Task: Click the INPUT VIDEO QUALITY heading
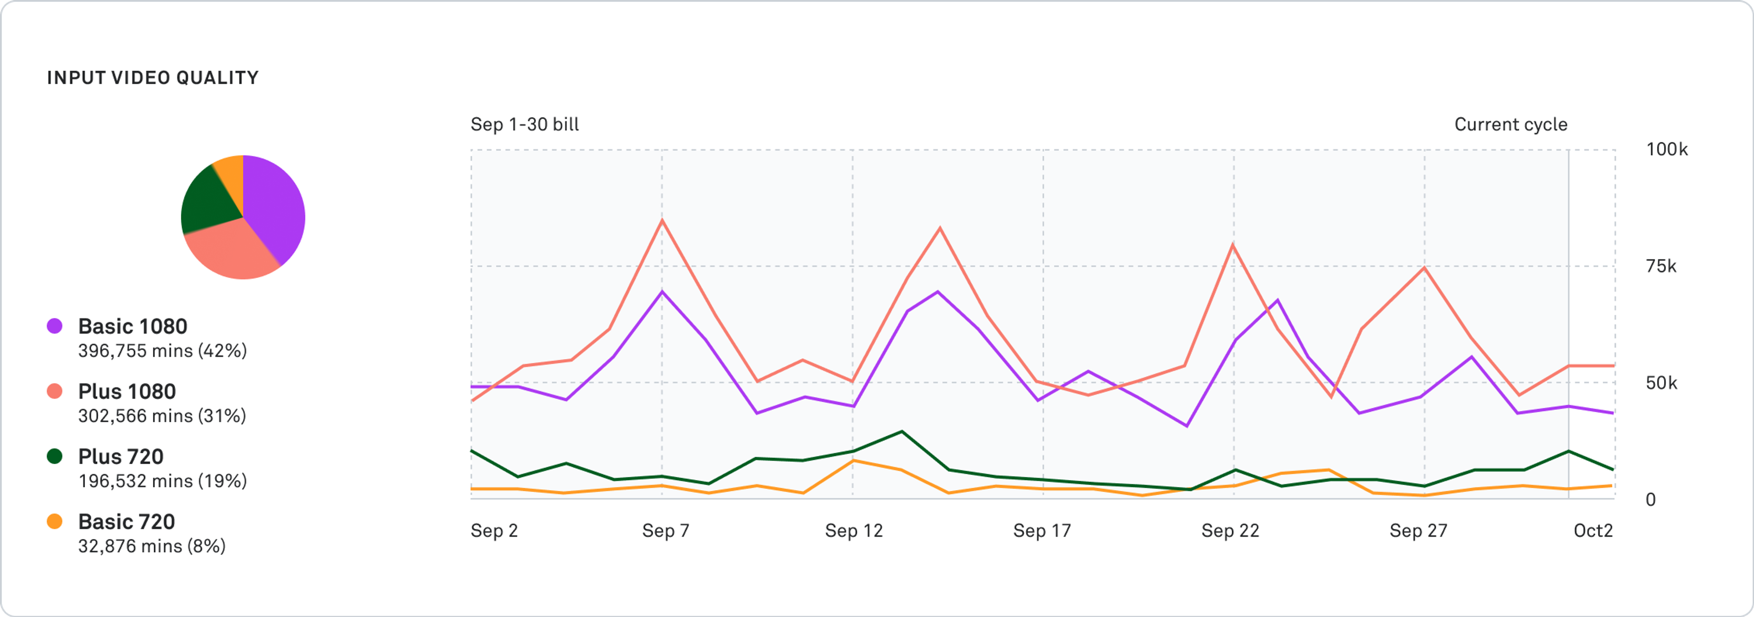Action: click(x=153, y=78)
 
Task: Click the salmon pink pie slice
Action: click(x=232, y=252)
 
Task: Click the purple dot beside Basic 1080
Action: click(x=54, y=326)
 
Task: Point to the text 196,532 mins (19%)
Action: click(x=162, y=481)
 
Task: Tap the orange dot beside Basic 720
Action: click(x=54, y=521)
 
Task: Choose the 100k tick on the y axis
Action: click(x=1666, y=149)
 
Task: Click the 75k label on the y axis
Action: click(x=1661, y=266)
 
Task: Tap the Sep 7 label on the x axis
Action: click(x=665, y=531)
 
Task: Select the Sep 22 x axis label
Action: click(x=1230, y=531)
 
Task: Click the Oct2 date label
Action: click(x=1593, y=531)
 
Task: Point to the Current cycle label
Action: click(x=1510, y=125)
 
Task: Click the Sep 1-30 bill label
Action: click(x=524, y=125)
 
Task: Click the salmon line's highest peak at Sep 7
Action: click(x=662, y=220)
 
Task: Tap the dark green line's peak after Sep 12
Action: click(x=902, y=431)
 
